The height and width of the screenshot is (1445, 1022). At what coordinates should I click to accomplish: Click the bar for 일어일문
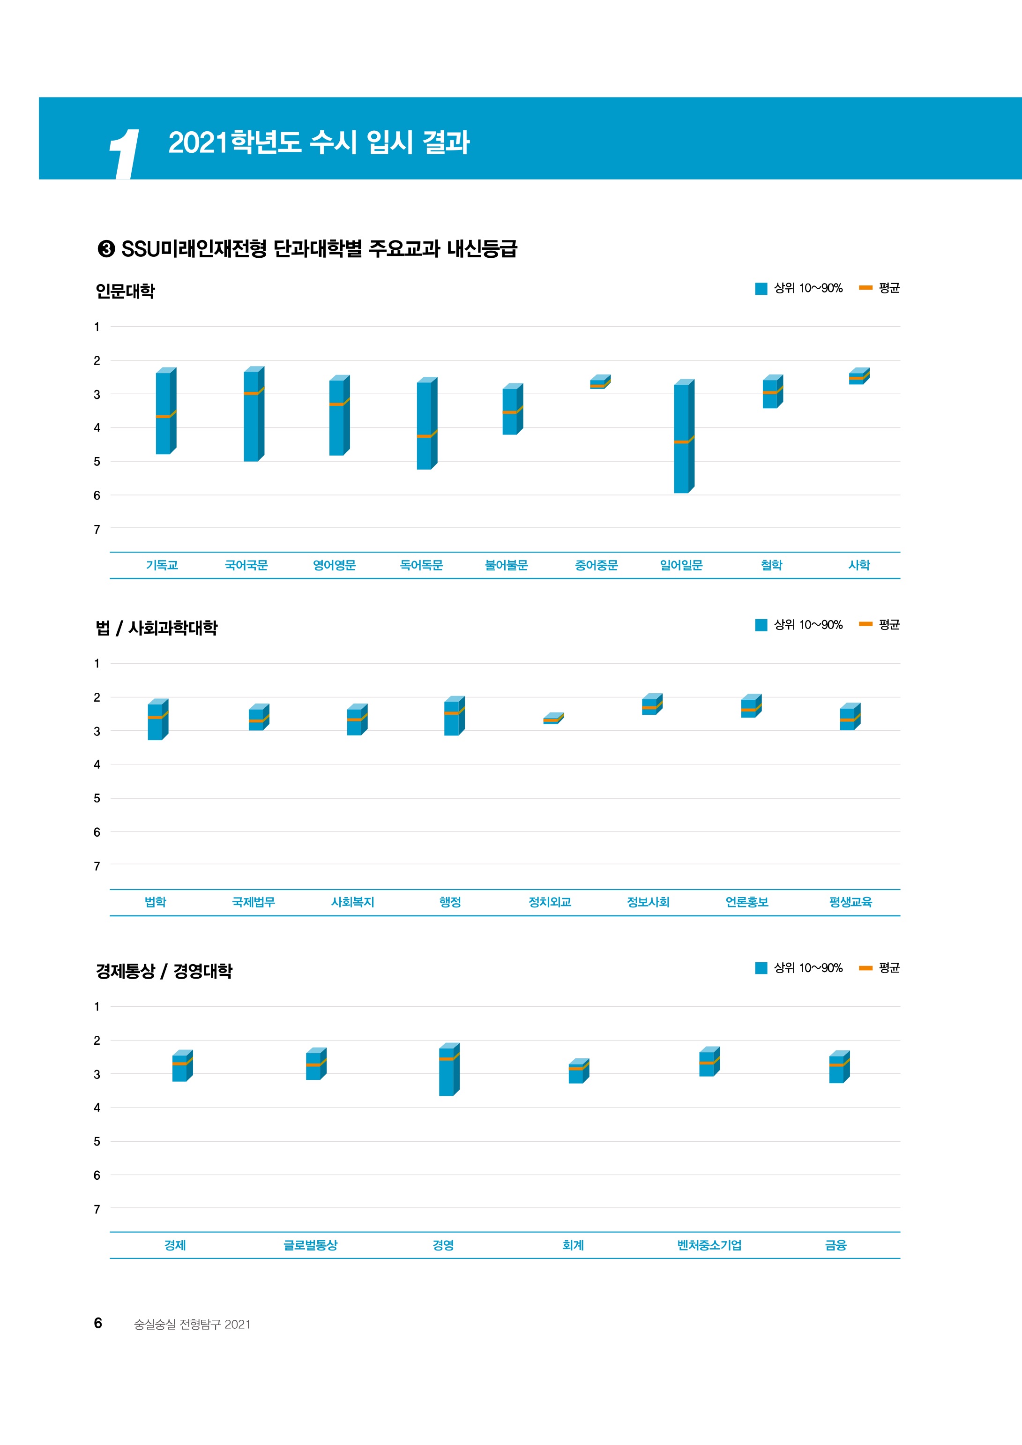[x=682, y=437]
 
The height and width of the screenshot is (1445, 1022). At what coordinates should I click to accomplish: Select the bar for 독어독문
[x=425, y=424]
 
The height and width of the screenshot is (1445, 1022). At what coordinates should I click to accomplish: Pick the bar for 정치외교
[x=552, y=719]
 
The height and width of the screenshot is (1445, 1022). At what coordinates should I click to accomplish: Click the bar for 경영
[x=448, y=1071]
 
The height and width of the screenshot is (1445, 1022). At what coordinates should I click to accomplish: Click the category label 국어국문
[x=246, y=565]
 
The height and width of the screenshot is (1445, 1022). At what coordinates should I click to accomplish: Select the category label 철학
[x=771, y=565]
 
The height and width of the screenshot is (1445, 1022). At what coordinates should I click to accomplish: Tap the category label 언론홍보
[x=746, y=902]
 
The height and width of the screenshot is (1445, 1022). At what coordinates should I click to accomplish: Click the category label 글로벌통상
[x=310, y=1245]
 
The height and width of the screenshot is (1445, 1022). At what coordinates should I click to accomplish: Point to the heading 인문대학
[x=125, y=292]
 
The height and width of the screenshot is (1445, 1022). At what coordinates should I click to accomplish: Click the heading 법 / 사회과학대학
[x=157, y=628]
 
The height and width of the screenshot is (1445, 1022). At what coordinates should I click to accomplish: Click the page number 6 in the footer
[x=98, y=1324]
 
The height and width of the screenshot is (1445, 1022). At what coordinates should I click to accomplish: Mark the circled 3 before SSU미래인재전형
[x=106, y=249]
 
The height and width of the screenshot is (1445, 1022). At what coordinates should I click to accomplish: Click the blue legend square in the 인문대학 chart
[x=761, y=289]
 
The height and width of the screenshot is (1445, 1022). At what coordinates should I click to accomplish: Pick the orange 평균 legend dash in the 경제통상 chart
[x=865, y=968]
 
